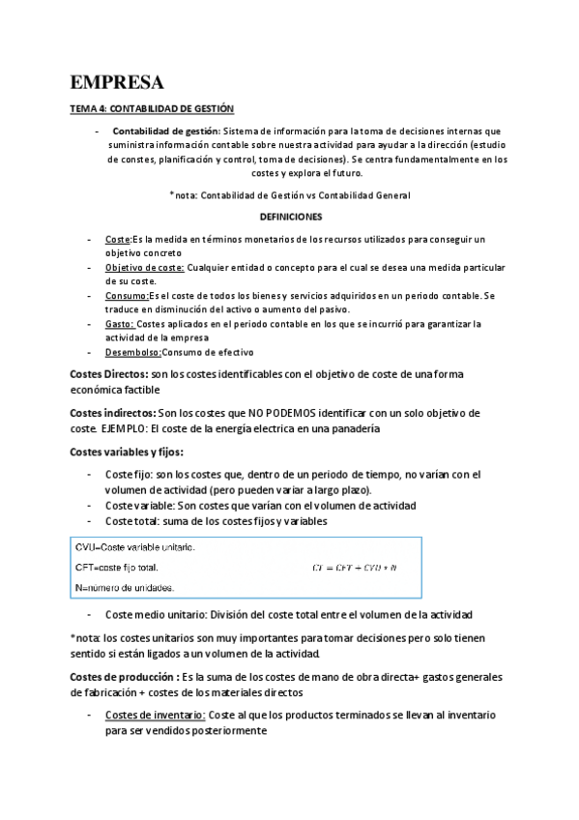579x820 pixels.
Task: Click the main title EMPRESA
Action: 117,81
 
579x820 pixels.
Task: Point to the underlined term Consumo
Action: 127,295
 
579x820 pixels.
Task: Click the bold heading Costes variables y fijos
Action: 127,452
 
